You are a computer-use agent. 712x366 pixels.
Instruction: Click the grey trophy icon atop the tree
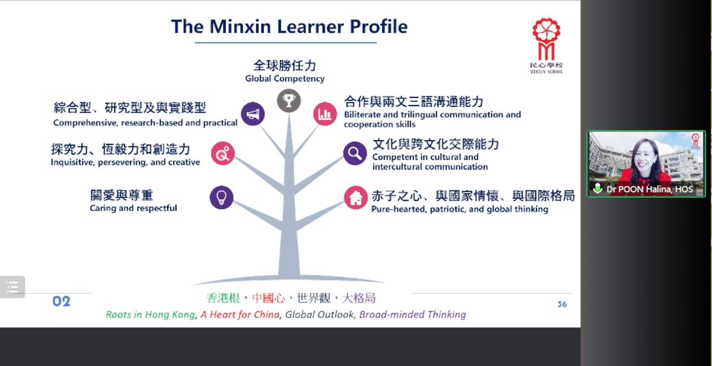click(289, 101)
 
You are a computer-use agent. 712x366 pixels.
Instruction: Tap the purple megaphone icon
click(253, 114)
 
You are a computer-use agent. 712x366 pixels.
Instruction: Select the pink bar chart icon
click(325, 113)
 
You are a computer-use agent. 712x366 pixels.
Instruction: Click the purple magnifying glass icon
click(355, 153)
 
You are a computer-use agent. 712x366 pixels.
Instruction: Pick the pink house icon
click(356, 198)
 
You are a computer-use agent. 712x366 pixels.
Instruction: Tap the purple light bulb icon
click(222, 198)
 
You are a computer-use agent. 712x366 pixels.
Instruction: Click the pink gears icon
click(223, 153)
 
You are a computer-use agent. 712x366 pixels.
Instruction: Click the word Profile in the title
click(379, 26)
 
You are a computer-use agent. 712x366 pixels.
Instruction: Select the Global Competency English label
click(285, 78)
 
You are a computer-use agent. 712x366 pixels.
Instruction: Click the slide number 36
click(562, 304)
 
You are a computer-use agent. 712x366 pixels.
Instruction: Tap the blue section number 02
click(61, 301)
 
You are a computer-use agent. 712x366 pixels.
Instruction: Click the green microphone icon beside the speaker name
click(598, 189)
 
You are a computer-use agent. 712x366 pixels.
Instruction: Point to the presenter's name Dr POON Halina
click(639, 189)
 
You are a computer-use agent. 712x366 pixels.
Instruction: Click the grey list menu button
click(12, 287)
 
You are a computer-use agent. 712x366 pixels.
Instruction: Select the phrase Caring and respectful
click(133, 208)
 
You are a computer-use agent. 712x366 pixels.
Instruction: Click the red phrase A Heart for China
click(240, 314)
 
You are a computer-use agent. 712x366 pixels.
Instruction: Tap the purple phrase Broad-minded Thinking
click(413, 314)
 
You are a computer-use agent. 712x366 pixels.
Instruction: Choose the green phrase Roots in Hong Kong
click(151, 314)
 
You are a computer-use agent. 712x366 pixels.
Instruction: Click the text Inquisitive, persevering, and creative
click(125, 162)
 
